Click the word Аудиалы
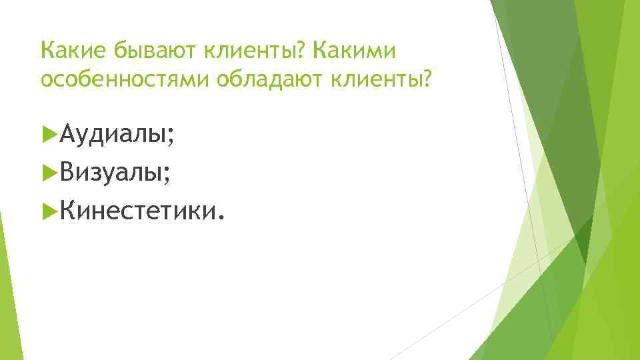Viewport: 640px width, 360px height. pos(112,136)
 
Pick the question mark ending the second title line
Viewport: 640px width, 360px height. pos(427,80)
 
